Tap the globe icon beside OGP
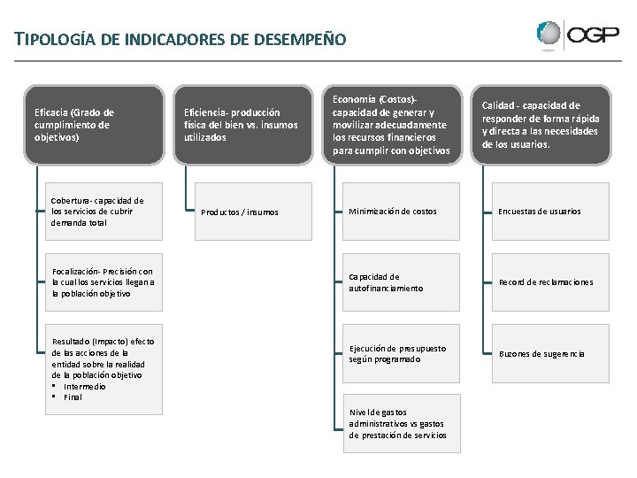tap(549, 35)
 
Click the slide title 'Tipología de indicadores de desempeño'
tap(174, 39)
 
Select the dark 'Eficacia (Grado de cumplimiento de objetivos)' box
tap(94, 125)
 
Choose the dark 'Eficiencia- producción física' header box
tap(242, 125)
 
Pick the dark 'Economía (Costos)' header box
tap(392, 125)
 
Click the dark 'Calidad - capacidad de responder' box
tap(541, 125)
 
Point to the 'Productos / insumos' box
tap(252, 212)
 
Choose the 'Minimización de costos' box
tap(401, 212)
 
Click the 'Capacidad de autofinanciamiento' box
tap(401, 282)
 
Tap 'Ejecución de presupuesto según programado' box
tap(401, 354)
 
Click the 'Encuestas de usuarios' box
tap(549, 212)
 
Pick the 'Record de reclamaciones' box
tap(549, 282)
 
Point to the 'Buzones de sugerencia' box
tap(549, 354)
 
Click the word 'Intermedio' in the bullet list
tap(85, 387)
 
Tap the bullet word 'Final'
tap(73, 397)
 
